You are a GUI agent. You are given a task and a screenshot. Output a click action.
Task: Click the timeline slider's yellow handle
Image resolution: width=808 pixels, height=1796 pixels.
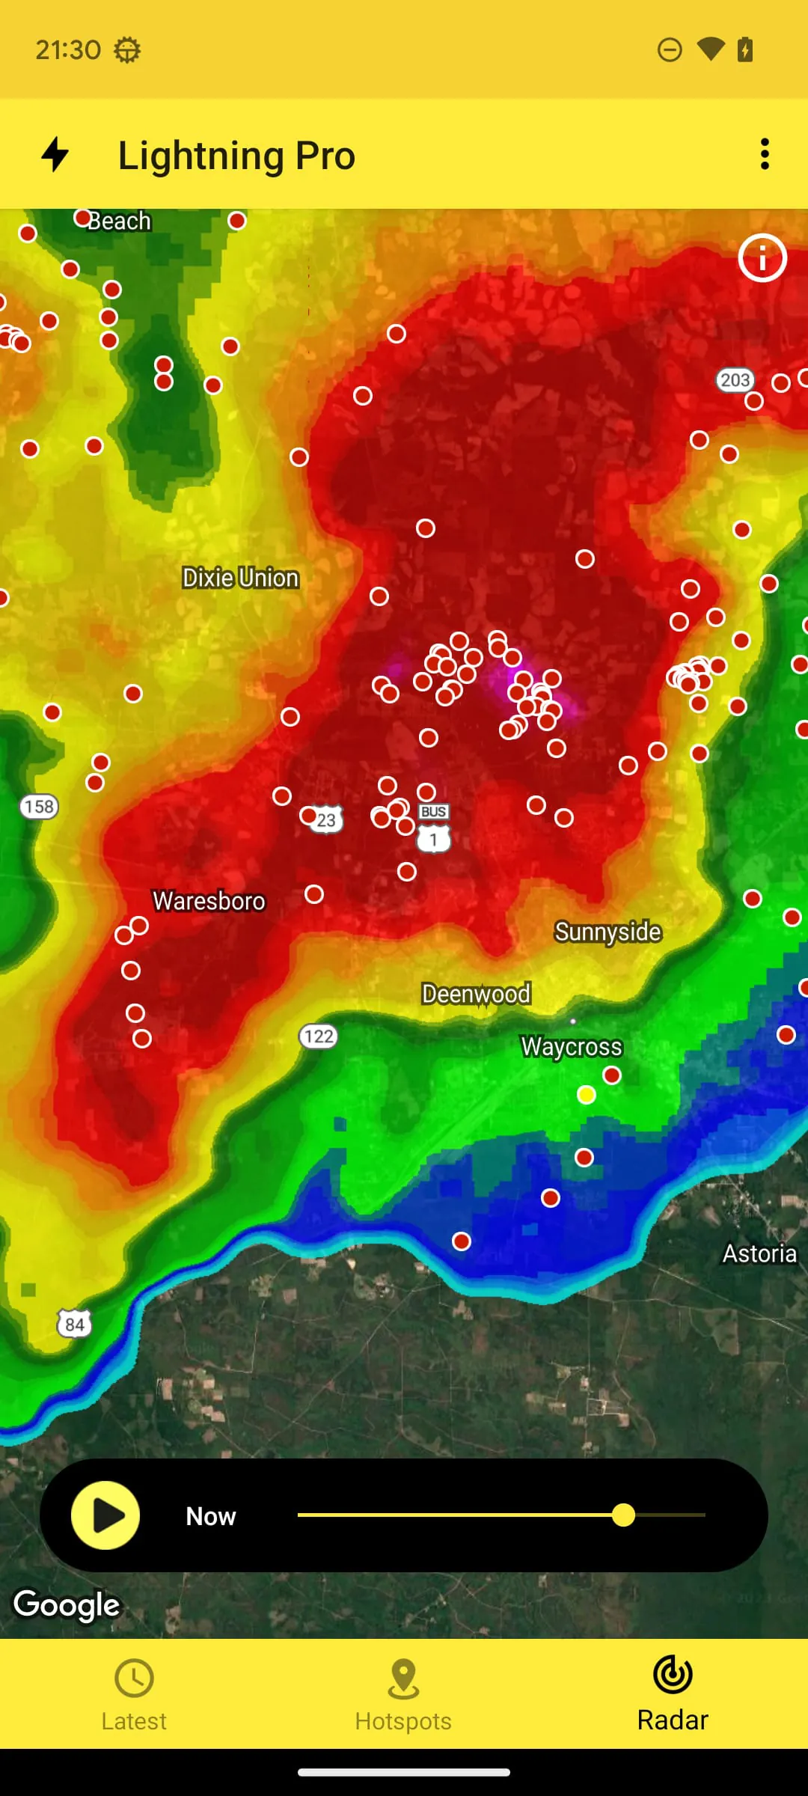(x=623, y=1515)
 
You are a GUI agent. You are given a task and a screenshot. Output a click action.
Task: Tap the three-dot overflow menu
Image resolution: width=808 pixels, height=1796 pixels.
(x=764, y=154)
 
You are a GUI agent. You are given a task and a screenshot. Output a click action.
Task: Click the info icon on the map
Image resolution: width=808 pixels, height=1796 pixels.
(x=762, y=258)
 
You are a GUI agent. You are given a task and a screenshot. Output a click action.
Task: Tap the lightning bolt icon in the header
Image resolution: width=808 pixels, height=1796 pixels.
(x=55, y=154)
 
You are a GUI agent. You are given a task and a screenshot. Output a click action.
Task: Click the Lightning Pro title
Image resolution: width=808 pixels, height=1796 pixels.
(x=236, y=156)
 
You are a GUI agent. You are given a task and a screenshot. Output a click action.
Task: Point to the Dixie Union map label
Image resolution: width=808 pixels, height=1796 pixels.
(x=240, y=578)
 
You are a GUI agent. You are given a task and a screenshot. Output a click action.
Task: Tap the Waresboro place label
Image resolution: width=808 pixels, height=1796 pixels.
(x=209, y=901)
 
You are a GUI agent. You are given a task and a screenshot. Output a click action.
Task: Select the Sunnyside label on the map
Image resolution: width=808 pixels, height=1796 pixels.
(x=607, y=932)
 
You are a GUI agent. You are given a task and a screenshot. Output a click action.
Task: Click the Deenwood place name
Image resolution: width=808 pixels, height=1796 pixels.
(x=476, y=994)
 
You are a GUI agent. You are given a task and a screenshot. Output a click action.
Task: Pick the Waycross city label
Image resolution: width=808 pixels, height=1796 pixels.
(x=572, y=1046)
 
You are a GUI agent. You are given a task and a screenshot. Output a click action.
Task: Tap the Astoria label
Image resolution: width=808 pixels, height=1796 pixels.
(x=759, y=1253)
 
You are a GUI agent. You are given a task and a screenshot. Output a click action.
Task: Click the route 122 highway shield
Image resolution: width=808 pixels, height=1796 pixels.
(x=318, y=1036)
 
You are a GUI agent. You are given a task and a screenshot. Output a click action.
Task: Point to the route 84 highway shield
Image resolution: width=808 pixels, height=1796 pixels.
(x=74, y=1324)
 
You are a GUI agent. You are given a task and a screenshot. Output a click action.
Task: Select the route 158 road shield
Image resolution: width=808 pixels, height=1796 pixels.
(x=39, y=807)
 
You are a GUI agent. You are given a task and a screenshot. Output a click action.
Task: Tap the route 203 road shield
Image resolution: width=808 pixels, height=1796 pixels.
(x=735, y=380)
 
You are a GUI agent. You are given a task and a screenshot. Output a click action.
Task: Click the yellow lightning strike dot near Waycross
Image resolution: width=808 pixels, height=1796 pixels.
(x=587, y=1096)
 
